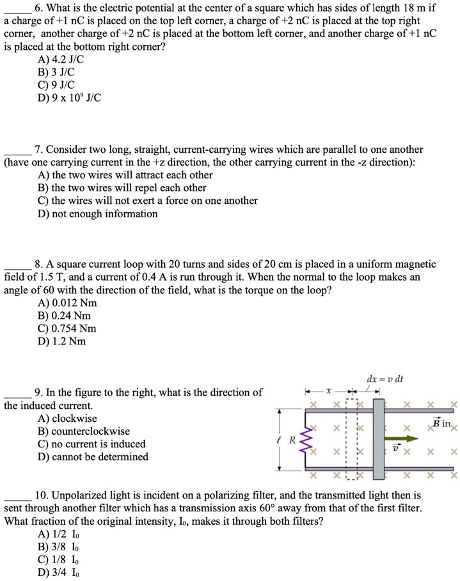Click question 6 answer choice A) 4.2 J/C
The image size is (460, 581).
[x=61, y=59]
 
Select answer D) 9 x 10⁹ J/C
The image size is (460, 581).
[x=70, y=98]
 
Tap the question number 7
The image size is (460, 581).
[x=38, y=150]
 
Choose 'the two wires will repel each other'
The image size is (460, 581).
[x=122, y=188]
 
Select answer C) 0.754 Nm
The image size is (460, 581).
[x=67, y=329]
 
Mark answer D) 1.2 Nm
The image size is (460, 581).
[x=62, y=341]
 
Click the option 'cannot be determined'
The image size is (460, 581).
[x=93, y=457]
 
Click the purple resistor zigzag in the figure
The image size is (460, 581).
[x=305, y=439]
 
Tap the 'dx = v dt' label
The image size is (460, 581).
[x=384, y=379]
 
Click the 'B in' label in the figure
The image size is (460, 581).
[x=441, y=424]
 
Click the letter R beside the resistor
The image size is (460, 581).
[x=292, y=440]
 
